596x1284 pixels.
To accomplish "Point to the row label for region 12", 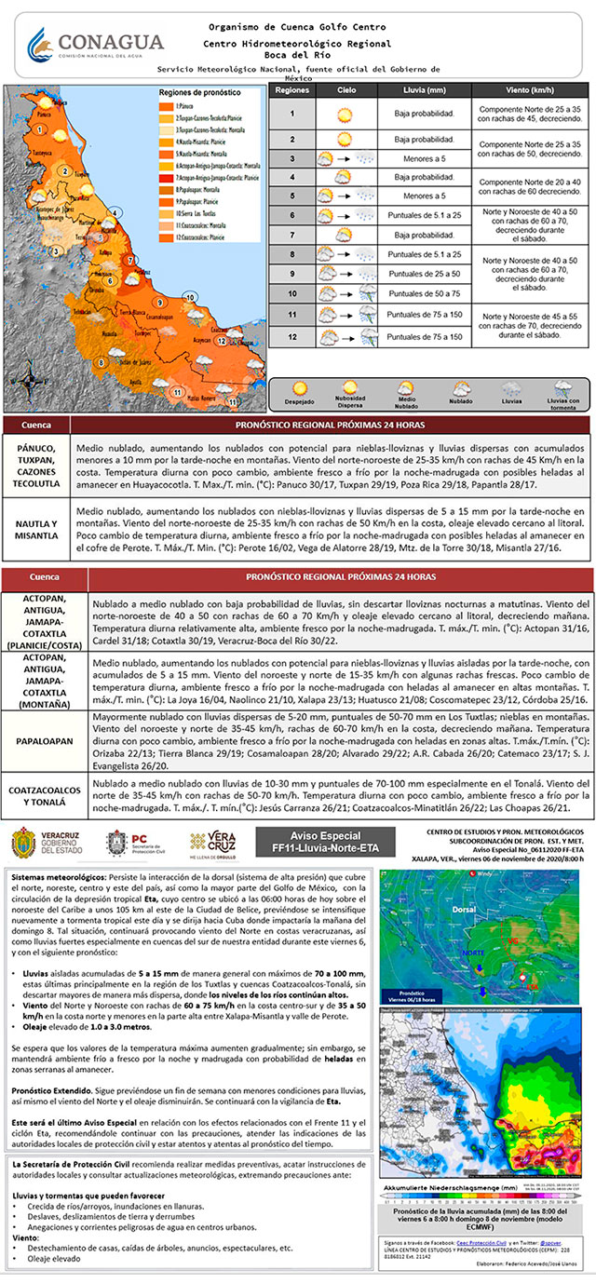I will coord(291,336).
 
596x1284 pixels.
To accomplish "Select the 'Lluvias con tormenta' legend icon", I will coord(562,389).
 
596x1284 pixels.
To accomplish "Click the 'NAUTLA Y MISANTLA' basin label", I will coord(38,531).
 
